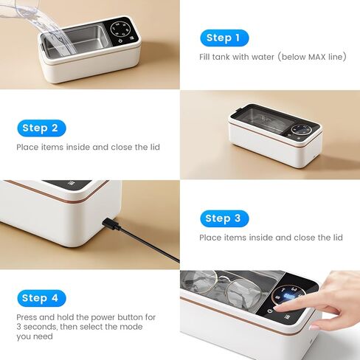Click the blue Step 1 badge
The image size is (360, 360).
(x=223, y=38)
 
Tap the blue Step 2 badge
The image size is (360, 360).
(x=41, y=128)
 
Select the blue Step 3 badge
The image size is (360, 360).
(x=223, y=218)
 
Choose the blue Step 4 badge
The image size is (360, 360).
(x=41, y=298)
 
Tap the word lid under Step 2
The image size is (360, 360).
(x=153, y=147)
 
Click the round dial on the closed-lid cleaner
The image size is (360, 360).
(x=301, y=129)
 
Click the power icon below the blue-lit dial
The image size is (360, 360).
(x=270, y=311)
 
